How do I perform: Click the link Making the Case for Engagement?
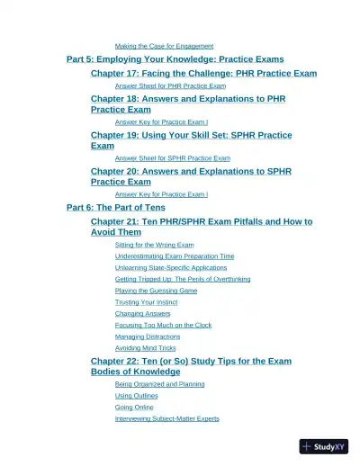pos(164,46)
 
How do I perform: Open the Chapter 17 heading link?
pos(203,73)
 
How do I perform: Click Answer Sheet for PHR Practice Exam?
pos(170,85)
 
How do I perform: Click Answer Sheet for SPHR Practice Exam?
pos(173,157)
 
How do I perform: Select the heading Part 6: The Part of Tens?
pos(116,207)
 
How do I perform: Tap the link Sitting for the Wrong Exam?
pos(154,244)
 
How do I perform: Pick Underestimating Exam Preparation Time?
pos(175,255)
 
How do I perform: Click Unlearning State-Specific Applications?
pos(171,267)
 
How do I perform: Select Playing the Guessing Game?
pos(156,291)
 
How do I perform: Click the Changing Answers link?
pos(142,314)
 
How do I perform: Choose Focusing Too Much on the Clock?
pos(163,325)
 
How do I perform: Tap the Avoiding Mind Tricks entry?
pos(145,348)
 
